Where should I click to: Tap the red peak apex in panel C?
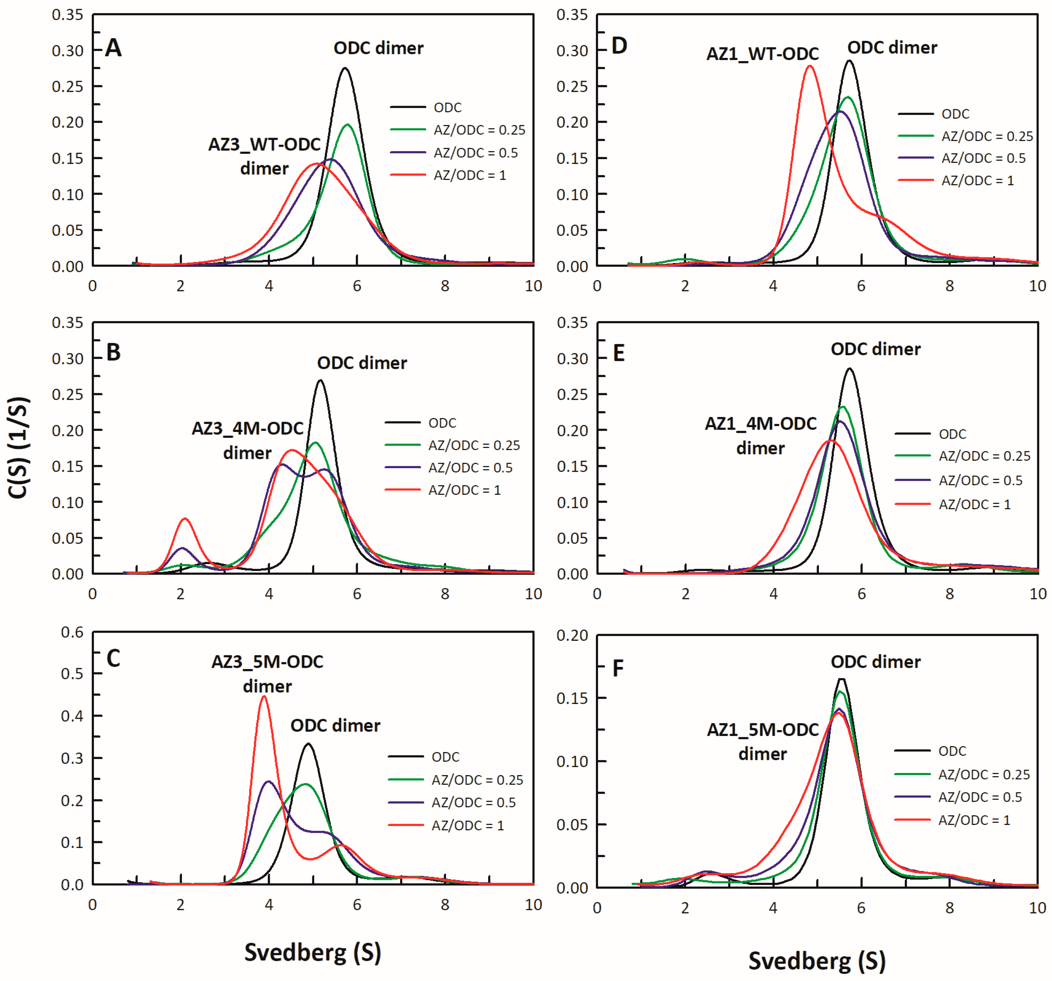click(x=264, y=697)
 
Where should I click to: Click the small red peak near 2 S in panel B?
click(x=185, y=519)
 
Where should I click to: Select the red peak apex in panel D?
click(x=810, y=66)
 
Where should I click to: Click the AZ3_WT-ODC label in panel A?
click(x=264, y=145)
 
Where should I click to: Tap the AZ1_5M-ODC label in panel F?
click(x=763, y=730)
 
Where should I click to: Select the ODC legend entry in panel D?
click(x=955, y=114)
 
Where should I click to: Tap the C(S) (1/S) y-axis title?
click(x=19, y=447)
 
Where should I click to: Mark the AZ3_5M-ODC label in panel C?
click(x=267, y=662)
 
